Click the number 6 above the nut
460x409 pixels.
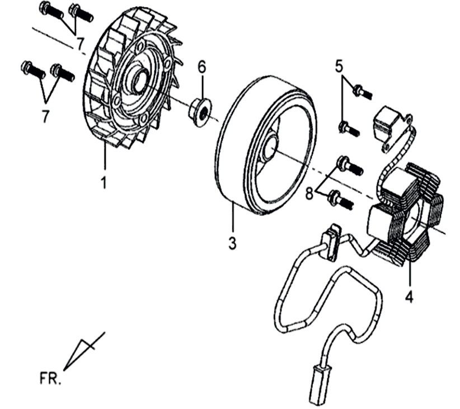click(x=201, y=67)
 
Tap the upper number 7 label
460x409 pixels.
click(x=80, y=43)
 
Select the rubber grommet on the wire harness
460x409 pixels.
click(x=331, y=242)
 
